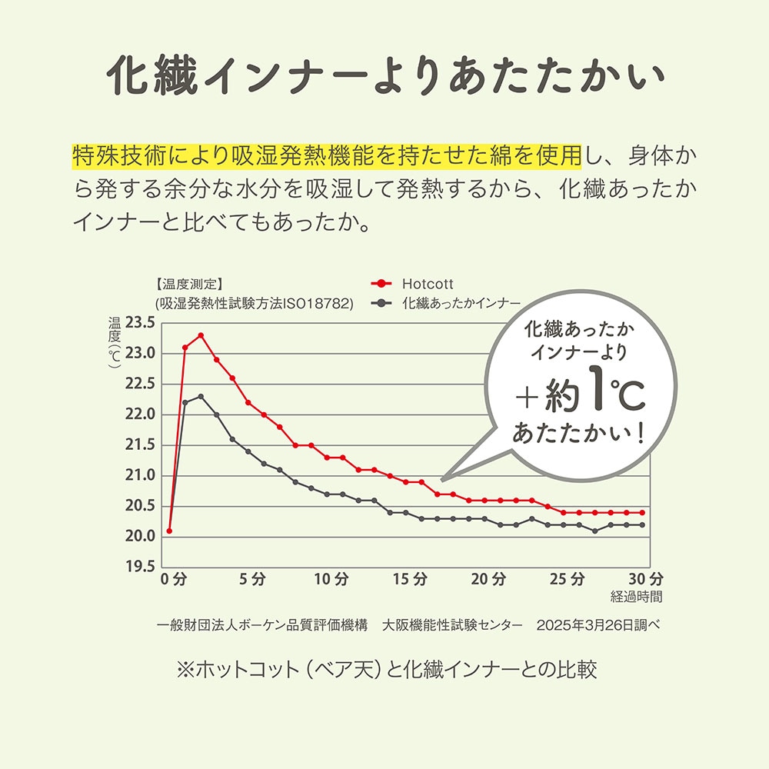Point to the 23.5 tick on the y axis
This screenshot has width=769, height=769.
[x=141, y=322]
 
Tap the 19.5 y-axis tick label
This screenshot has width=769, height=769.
[x=141, y=567]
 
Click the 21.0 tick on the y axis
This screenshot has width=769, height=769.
[x=141, y=475]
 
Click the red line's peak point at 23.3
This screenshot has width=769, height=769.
[x=201, y=335]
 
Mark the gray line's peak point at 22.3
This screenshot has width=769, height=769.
[x=201, y=396]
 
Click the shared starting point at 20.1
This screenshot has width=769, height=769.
[x=169, y=531]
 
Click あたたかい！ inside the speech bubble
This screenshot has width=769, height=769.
[x=578, y=433]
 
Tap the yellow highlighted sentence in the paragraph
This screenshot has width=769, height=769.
[x=327, y=156]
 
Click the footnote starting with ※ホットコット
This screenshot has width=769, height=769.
[x=386, y=670]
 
